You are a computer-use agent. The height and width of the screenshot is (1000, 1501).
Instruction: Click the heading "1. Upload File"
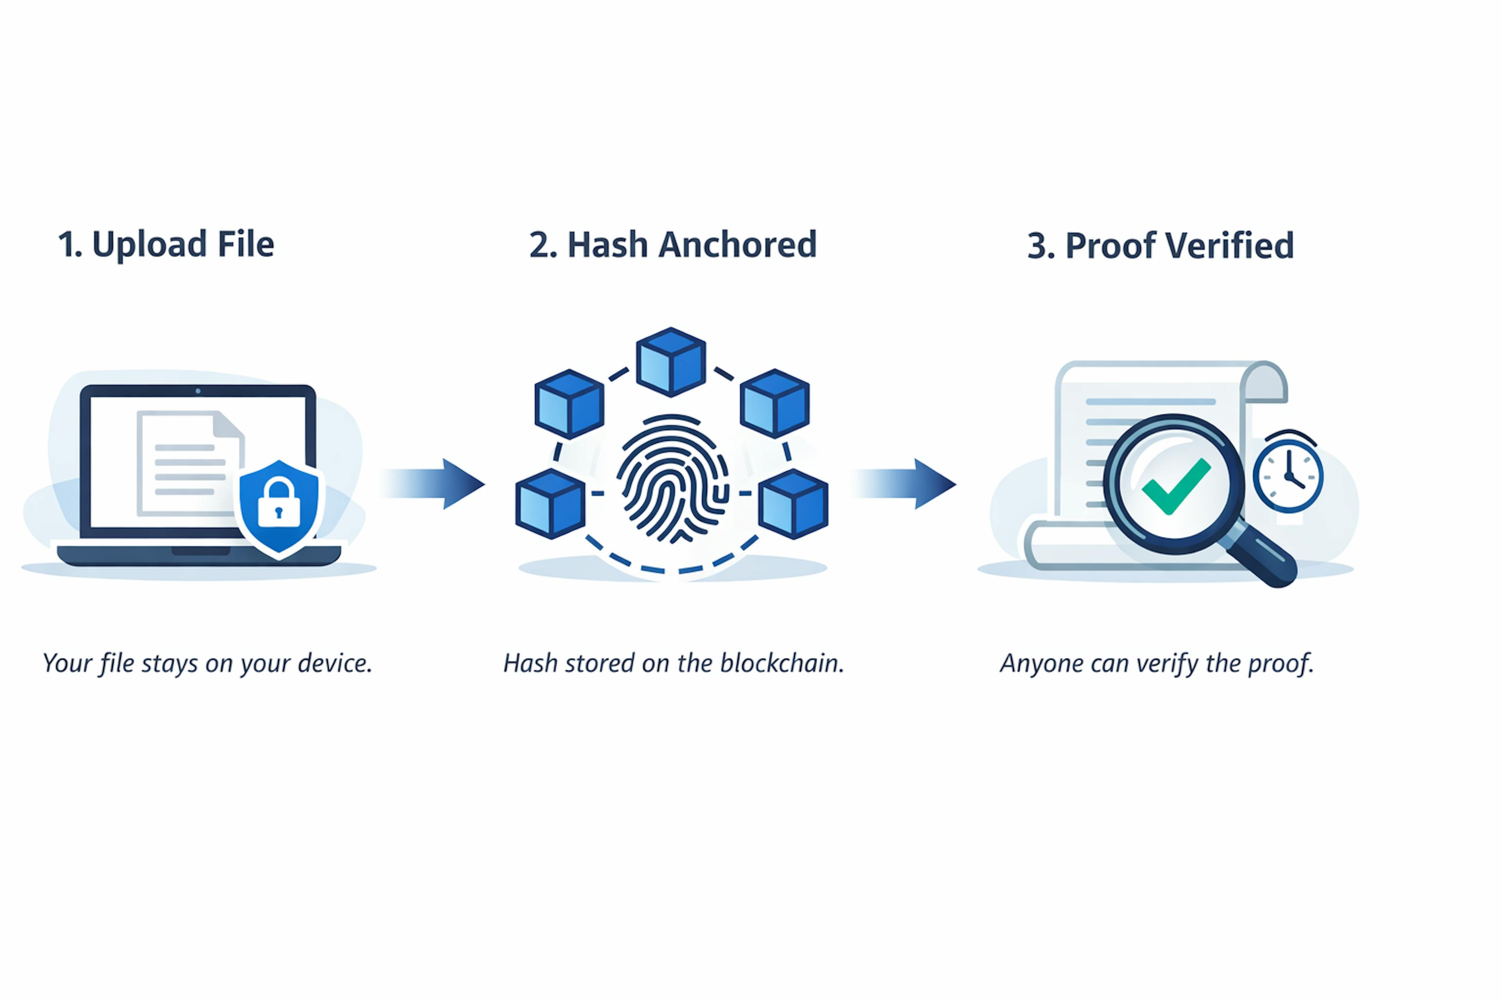pyautogui.click(x=166, y=244)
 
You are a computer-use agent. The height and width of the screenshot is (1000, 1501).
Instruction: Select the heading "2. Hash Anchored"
pyautogui.click(x=673, y=245)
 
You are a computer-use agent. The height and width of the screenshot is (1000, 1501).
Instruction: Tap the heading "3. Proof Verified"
pyautogui.click(x=1160, y=246)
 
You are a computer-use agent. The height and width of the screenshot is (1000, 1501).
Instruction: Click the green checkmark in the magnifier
pyautogui.click(x=1175, y=486)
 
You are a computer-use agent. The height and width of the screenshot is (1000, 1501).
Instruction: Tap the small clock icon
pyautogui.click(x=1288, y=475)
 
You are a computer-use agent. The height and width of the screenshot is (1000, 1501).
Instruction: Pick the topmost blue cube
pyautogui.click(x=671, y=362)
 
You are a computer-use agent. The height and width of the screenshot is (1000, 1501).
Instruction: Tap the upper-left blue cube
pyautogui.click(x=569, y=404)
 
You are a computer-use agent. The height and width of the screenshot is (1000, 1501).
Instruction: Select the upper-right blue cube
pyautogui.click(x=775, y=403)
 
